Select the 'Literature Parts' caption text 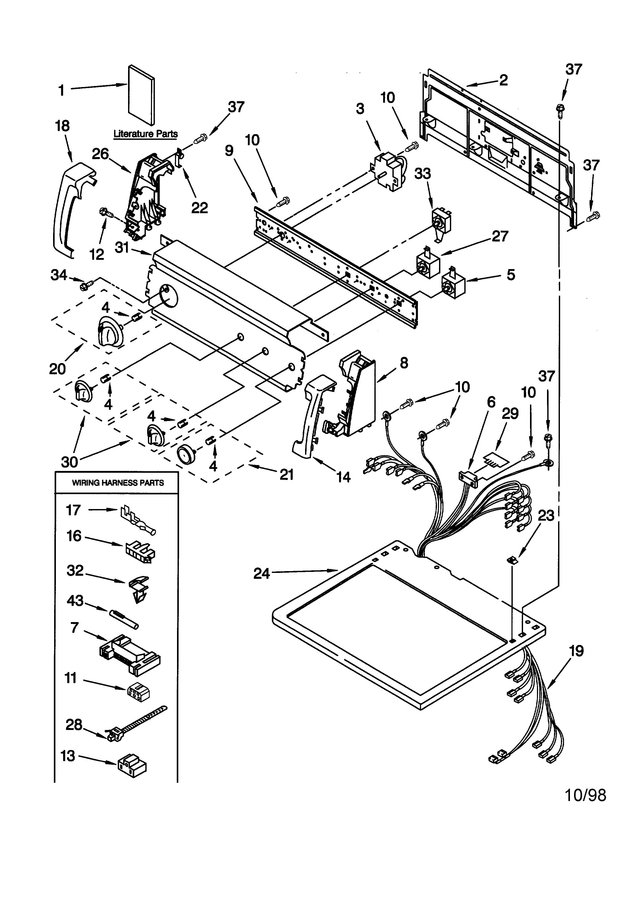pos(146,134)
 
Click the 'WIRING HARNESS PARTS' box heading pos(118,483)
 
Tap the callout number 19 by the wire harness pos(576,651)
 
